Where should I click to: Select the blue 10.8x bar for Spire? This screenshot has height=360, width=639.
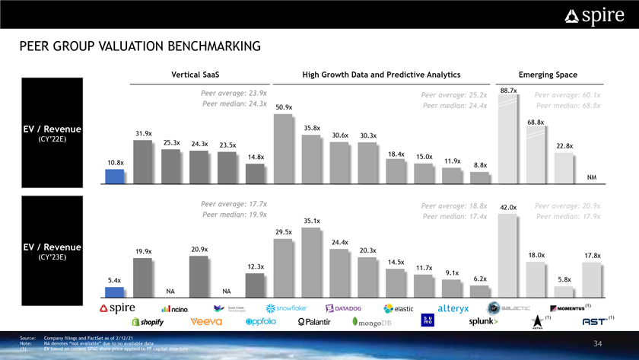pyautogui.click(x=114, y=177)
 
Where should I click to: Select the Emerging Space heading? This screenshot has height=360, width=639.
pyautogui.click(x=547, y=75)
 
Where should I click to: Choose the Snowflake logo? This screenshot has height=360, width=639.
pyautogui.click(x=286, y=308)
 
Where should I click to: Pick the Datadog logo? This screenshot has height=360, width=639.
pyautogui.click(x=348, y=308)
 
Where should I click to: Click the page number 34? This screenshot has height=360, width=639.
pyautogui.click(x=597, y=344)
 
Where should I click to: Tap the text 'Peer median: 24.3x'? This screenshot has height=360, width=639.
pyautogui.click(x=234, y=104)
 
